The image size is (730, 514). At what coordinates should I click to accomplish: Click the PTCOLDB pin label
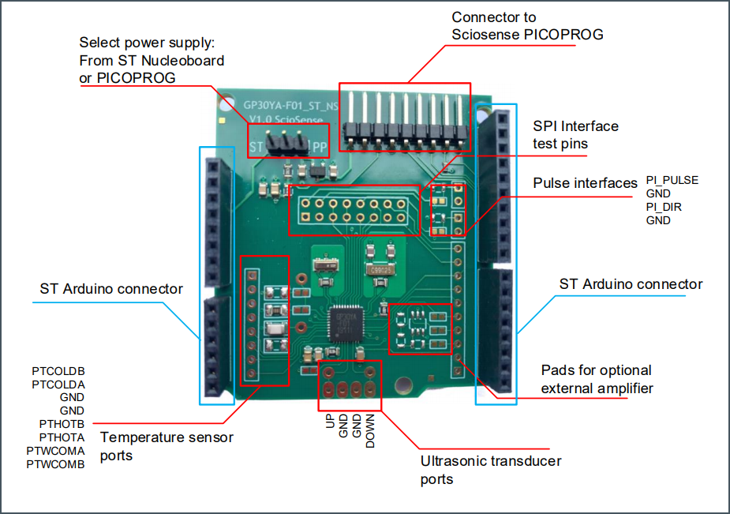[58, 370]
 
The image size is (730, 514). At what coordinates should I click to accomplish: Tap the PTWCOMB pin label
[55, 464]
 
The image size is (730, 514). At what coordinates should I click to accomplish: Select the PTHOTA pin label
[62, 437]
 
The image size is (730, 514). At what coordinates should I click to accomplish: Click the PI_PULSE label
[672, 180]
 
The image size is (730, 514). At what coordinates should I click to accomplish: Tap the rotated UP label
[331, 423]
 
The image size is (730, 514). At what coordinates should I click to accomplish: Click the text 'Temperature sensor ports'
[167, 446]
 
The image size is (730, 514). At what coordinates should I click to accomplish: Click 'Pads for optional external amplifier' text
[597, 379]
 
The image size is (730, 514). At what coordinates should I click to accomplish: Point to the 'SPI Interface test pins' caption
[575, 135]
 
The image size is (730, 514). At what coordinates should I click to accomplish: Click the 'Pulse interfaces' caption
[585, 183]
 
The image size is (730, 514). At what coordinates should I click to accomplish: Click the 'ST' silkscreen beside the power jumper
[256, 148]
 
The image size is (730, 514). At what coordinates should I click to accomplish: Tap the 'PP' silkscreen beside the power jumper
[320, 148]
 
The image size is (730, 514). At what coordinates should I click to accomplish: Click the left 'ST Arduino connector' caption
[111, 289]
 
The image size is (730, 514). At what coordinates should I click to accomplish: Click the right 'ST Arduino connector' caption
[631, 284]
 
